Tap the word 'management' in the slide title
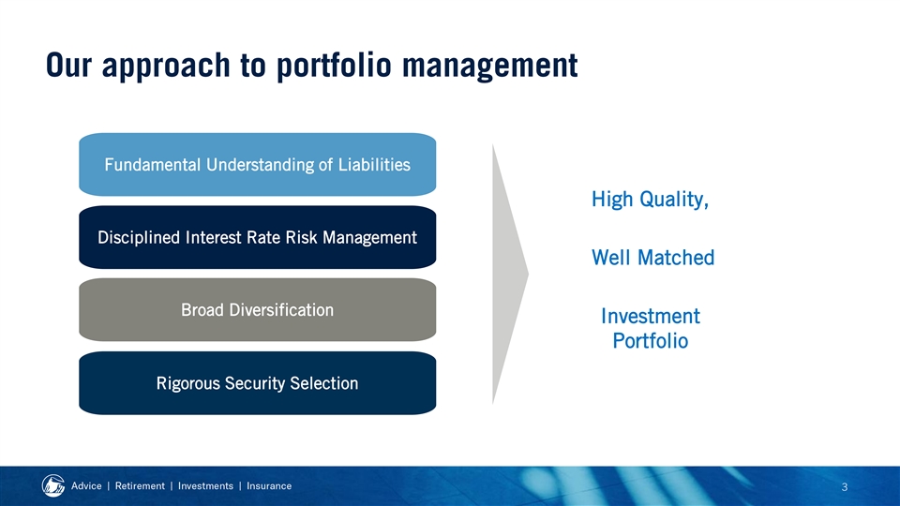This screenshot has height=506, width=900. pos(489,66)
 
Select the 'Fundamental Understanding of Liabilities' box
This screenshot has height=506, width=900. pos(257,165)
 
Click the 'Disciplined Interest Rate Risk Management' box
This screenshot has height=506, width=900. pos(257,237)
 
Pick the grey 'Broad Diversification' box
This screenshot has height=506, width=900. pos(257,310)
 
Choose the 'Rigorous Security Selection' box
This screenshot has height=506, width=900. pos(257,383)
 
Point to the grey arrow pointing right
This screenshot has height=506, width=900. pos(510,275)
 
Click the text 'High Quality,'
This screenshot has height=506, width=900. pos(651,200)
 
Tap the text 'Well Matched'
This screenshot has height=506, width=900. pos(653,258)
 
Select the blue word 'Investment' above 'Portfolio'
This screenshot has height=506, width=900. pos(651,316)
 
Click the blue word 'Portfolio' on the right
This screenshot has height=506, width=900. pos(651,341)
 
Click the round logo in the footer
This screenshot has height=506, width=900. pos(53,486)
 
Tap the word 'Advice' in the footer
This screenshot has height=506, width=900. pos(86,486)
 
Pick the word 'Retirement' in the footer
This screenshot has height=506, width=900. pos(140,486)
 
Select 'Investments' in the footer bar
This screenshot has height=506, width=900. pos(205,486)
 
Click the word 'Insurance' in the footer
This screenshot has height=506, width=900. pos(269,486)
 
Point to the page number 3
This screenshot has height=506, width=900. pos(845,487)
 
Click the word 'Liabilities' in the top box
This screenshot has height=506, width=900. pos(374,165)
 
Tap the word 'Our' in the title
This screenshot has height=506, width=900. pos(68,65)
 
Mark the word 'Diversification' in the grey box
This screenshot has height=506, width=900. pos(281,310)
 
